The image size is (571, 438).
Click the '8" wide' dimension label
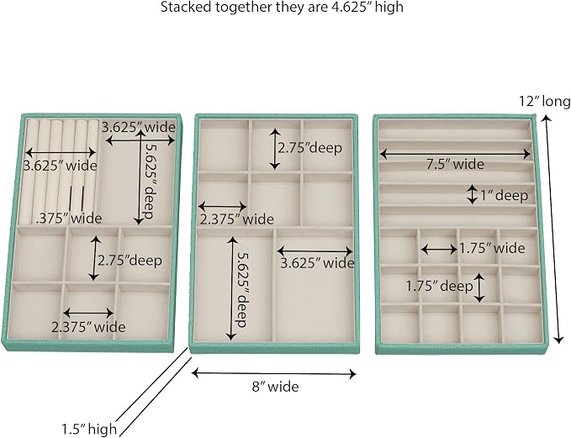click(x=275, y=387)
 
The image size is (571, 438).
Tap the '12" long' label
click(x=545, y=101)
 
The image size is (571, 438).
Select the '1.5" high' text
click(x=89, y=429)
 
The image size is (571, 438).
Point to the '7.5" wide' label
click(x=455, y=164)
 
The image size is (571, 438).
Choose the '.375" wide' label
click(x=69, y=219)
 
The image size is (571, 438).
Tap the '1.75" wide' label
click(x=492, y=248)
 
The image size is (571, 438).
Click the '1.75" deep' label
click(x=440, y=286)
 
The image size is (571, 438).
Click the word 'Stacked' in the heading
click(x=183, y=7)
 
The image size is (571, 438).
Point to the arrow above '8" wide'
click(x=273, y=373)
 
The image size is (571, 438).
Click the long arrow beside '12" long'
click(x=552, y=229)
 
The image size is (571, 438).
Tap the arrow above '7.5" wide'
click(x=455, y=154)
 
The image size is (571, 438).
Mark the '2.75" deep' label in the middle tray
click(x=310, y=148)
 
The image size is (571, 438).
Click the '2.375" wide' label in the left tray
click(x=88, y=327)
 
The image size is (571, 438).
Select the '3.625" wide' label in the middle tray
click(x=317, y=263)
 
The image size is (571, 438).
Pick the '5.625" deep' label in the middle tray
click(x=241, y=289)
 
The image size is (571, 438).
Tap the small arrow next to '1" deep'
click(x=473, y=194)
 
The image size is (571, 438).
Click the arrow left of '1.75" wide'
click(x=439, y=250)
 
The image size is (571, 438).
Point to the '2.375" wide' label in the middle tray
click(x=236, y=219)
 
